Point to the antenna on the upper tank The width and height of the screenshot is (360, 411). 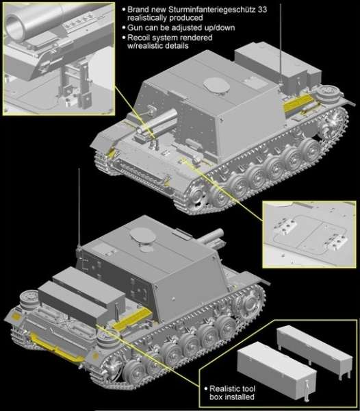pyautogui.click(x=281, y=31)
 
